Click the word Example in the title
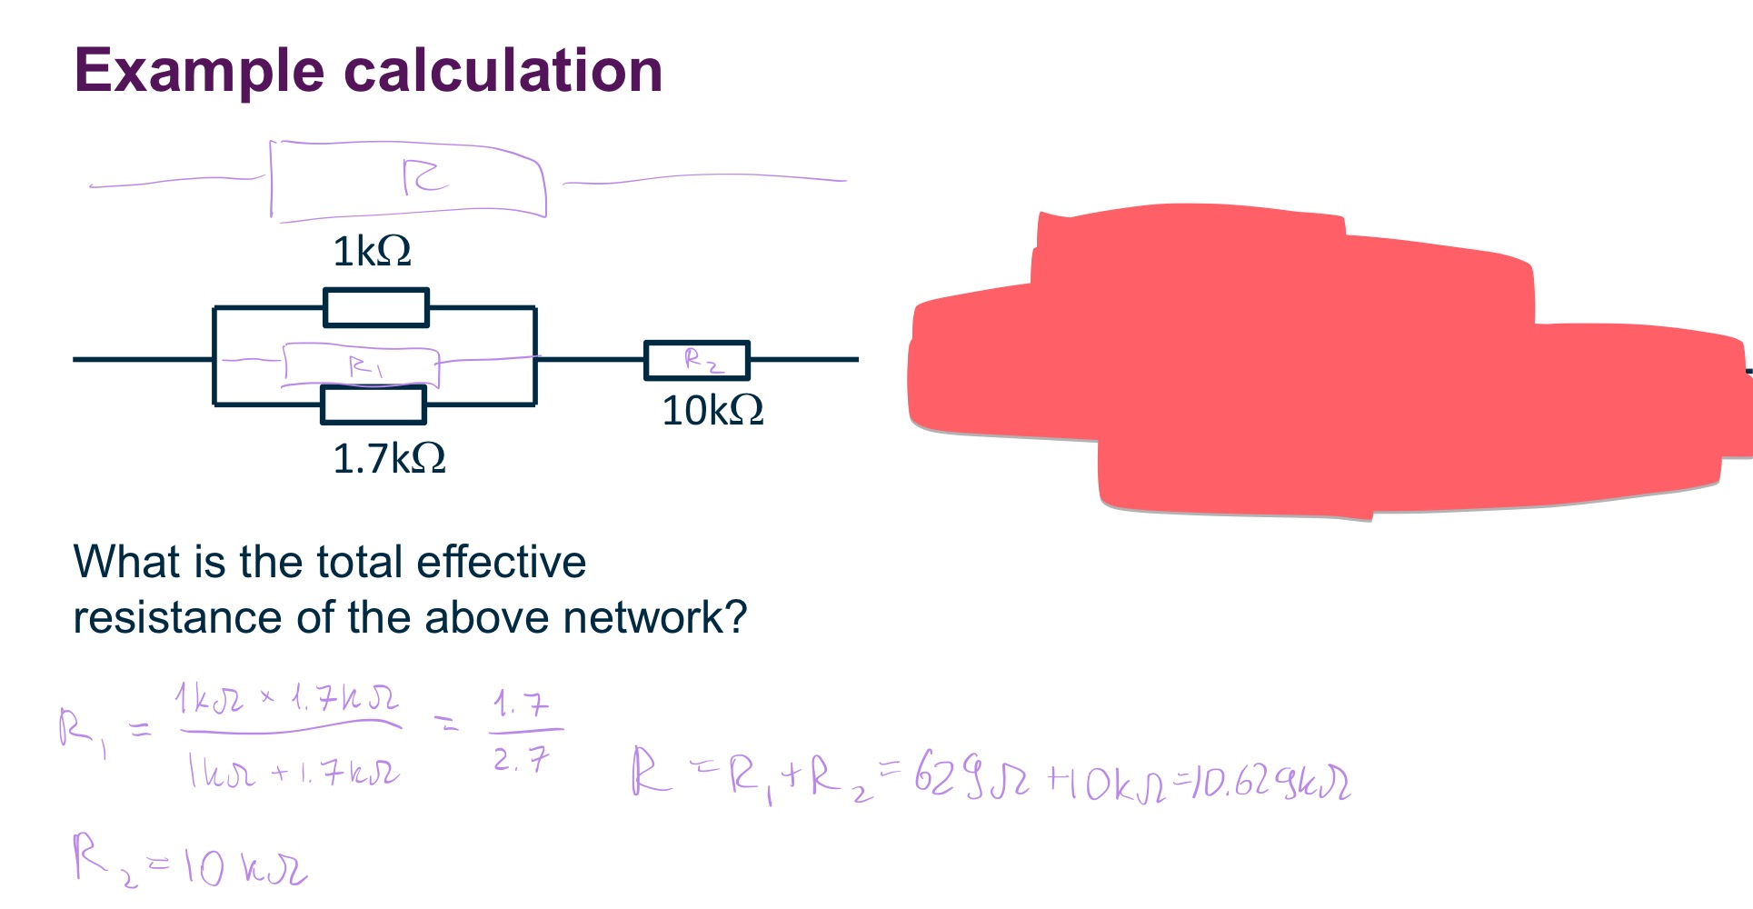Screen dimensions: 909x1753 pos(198,71)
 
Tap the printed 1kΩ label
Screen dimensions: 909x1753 pos(372,251)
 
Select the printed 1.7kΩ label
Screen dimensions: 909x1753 pos(389,458)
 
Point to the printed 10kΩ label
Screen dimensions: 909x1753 pos(712,411)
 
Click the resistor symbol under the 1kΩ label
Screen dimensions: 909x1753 pos(375,307)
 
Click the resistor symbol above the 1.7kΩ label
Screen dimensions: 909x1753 pos(374,405)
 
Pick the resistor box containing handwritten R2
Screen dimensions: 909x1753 pos(697,360)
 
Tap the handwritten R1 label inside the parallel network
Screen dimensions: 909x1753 pos(365,366)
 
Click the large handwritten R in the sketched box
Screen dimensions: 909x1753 pos(423,176)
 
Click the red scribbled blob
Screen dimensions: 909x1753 pos(1318,364)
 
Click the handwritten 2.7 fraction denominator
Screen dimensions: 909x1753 pos(522,758)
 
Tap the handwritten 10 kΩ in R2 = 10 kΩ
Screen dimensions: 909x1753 pos(245,865)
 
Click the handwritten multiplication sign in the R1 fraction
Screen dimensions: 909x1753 pos(267,697)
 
